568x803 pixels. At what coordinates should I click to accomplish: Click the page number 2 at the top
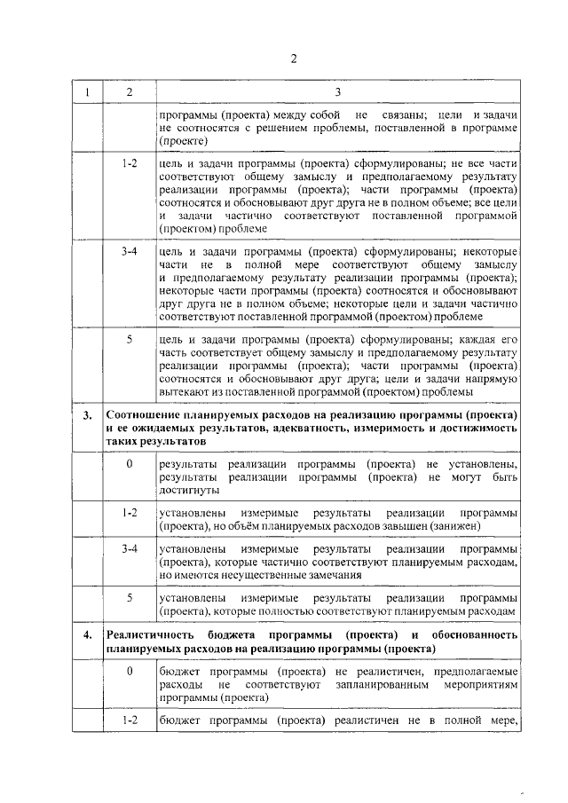click(293, 59)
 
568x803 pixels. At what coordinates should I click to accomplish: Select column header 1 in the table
click(87, 92)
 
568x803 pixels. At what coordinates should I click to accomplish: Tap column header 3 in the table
click(337, 92)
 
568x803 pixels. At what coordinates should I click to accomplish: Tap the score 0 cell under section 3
click(130, 464)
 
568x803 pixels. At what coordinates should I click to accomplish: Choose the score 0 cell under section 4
click(130, 672)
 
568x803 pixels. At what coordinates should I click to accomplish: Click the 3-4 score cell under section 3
click(130, 550)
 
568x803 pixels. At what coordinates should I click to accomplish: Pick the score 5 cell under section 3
click(130, 599)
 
